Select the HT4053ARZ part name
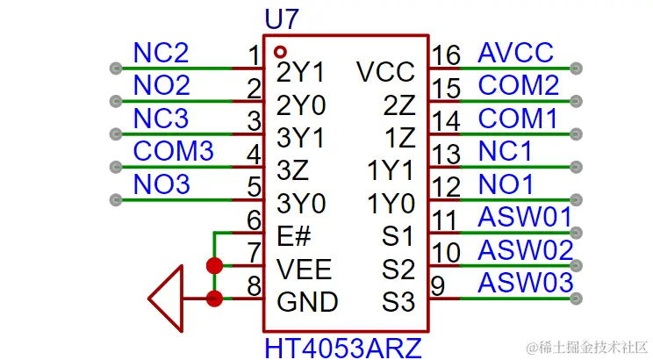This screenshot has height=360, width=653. click(x=342, y=347)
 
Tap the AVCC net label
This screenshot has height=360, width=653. click(x=516, y=53)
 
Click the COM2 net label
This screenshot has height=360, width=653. click(x=518, y=85)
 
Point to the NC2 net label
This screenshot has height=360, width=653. click(x=161, y=53)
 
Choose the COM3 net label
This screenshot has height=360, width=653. click(x=173, y=151)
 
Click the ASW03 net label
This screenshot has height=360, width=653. click(x=525, y=283)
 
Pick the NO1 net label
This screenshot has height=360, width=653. click(x=506, y=184)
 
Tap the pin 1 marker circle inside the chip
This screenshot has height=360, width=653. click(x=280, y=52)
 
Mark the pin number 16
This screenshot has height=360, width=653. click(x=446, y=56)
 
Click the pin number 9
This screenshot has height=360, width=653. click(x=439, y=286)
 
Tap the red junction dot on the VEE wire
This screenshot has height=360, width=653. click(x=213, y=266)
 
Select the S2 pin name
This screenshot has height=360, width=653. click(x=398, y=269)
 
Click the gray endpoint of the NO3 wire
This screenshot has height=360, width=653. click(x=114, y=200)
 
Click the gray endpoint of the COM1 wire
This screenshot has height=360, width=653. click(x=576, y=134)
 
